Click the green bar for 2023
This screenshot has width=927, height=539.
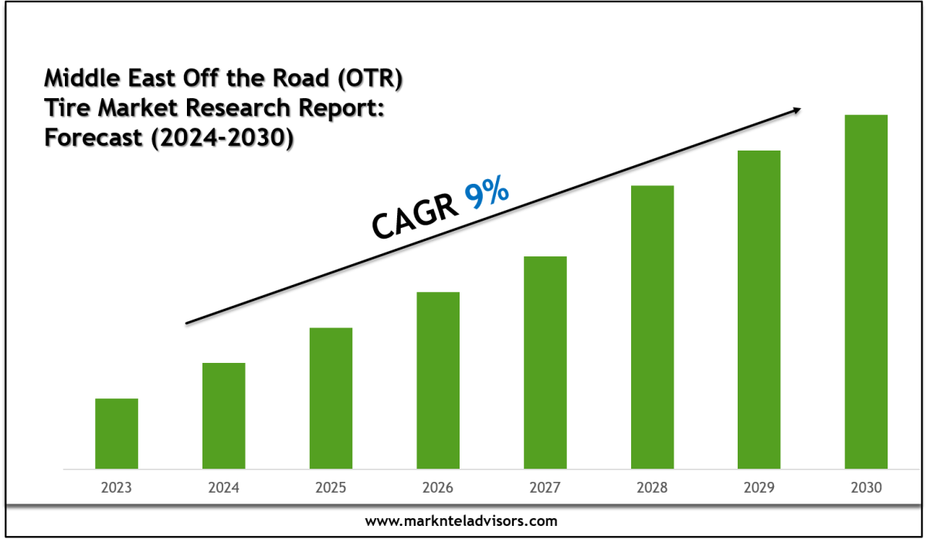pyautogui.click(x=117, y=433)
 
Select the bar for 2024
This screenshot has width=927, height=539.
pyautogui.click(x=224, y=415)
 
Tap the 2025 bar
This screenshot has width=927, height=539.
pyautogui.click(x=331, y=398)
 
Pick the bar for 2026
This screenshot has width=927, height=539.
pyautogui.click(x=438, y=380)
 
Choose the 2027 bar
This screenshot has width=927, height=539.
pyautogui.click(x=545, y=362)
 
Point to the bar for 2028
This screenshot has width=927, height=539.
pyautogui.click(x=652, y=327)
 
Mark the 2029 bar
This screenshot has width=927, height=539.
pyautogui.click(x=759, y=309)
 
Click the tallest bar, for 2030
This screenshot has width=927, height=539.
pyautogui.click(x=866, y=291)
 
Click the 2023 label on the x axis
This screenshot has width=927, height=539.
pyautogui.click(x=117, y=488)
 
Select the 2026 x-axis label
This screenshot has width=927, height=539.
pyautogui.click(x=438, y=488)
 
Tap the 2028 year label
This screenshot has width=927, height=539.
pyautogui.click(x=652, y=488)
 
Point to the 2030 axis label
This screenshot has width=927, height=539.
pyautogui.click(x=866, y=488)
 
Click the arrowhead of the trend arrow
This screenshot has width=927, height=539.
pyautogui.click(x=796, y=110)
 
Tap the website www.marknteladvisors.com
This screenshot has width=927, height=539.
pyautogui.click(x=460, y=521)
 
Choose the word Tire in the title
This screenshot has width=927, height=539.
pyautogui.click(x=65, y=110)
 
